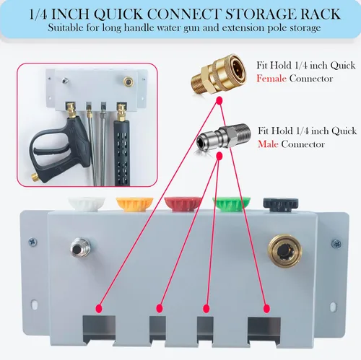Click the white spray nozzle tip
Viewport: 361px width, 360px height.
[x=87, y=203]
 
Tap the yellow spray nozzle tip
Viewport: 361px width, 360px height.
[x=134, y=204]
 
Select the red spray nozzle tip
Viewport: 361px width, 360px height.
[x=183, y=204]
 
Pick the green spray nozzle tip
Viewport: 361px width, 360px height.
[x=232, y=204]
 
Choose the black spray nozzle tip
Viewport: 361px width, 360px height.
[x=281, y=205]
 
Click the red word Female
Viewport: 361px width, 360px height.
[x=271, y=79]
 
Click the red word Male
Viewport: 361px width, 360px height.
[x=268, y=144]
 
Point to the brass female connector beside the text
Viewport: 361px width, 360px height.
[x=218, y=73]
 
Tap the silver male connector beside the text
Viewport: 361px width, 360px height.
[x=224, y=139]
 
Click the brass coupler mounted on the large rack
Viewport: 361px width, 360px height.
[x=285, y=251]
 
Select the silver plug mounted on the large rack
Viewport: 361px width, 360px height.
[x=81, y=247]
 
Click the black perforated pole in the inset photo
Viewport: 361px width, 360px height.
[x=122, y=153]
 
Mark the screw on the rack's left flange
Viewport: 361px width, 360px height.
[x=32, y=242]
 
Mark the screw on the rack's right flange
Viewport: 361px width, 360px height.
[x=336, y=244]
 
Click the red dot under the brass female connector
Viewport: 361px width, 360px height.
[x=219, y=100]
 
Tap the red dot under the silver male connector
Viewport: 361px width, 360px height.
[x=219, y=157]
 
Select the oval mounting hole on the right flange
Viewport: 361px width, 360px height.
[x=334, y=307]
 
